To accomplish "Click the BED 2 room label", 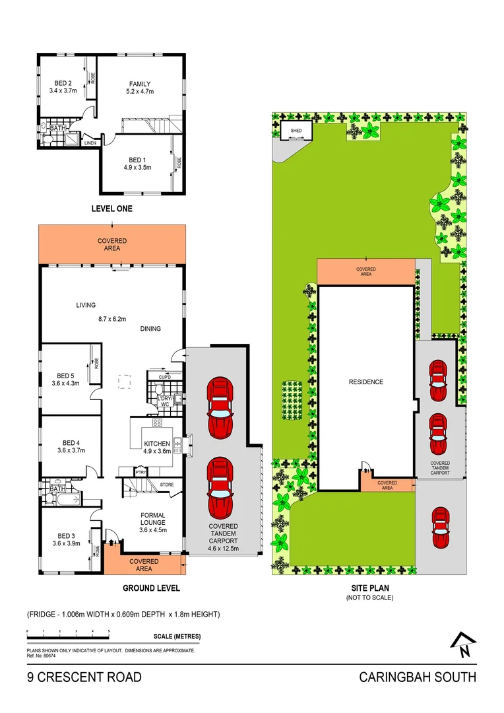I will tap(60, 83).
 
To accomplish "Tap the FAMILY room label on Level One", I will tap(140, 84).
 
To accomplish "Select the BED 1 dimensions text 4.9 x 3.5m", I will tap(138, 168).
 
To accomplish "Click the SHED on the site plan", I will tap(296, 131).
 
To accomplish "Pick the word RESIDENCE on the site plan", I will tap(366, 382).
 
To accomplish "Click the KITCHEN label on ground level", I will tap(157, 444).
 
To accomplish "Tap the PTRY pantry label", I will tap(140, 473).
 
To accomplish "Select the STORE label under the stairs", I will tap(167, 485).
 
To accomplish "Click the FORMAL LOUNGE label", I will tap(152, 520).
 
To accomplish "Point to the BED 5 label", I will tap(65, 375).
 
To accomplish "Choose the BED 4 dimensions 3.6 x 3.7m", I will tap(71, 451).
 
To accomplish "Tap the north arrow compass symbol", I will tap(464, 645).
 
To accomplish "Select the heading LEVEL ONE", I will tap(111, 209).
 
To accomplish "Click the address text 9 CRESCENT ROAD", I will tap(84, 677).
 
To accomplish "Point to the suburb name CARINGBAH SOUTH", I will tap(417, 677).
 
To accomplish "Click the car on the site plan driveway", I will tap(440, 527).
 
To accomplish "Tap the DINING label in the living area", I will tap(150, 329).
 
